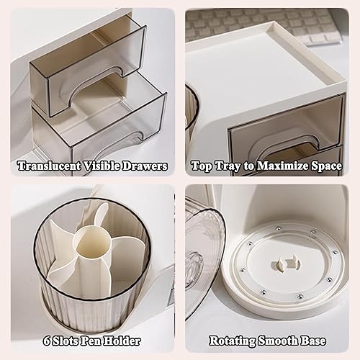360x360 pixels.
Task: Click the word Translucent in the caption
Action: [x=48, y=166]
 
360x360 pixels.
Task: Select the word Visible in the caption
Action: [x=102, y=166]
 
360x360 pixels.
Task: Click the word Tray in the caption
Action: [x=226, y=166]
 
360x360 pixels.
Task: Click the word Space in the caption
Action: [x=326, y=166]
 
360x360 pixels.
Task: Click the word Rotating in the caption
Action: [x=233, y=341]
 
